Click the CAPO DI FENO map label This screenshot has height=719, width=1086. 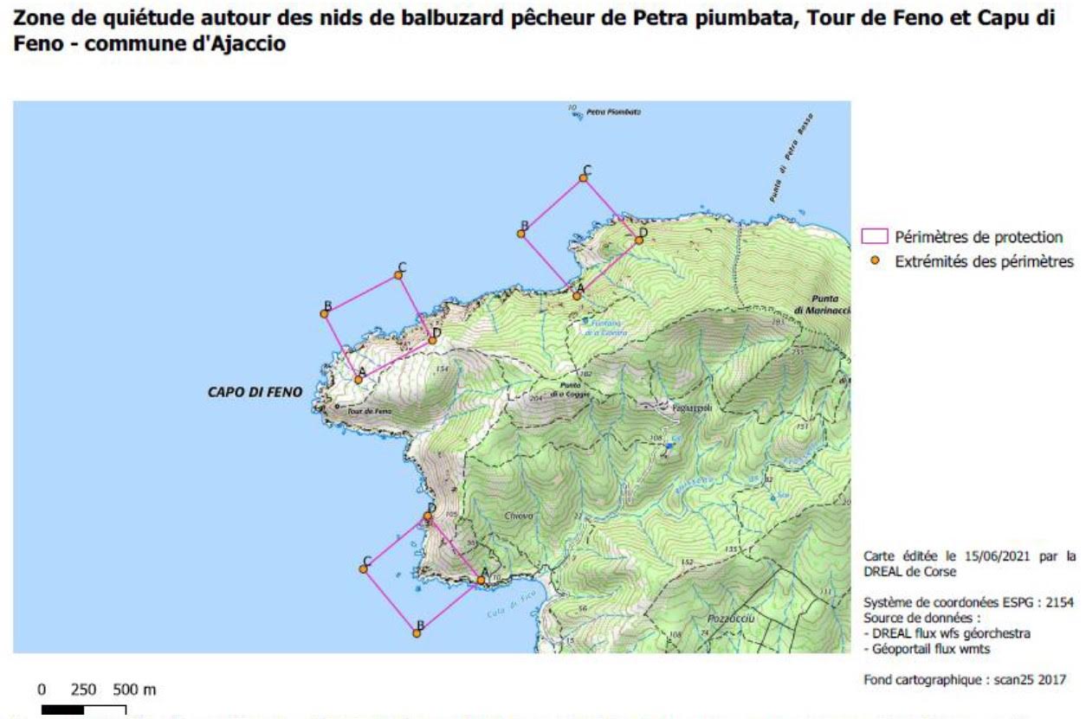(x=255, y=392)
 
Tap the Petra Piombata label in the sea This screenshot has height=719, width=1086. (x=613, y=112)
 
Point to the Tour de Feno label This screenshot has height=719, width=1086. (x=370, y=411)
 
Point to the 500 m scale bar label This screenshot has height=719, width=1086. (x=134, y=690)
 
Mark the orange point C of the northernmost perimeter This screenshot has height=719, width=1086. (x=584, y=178)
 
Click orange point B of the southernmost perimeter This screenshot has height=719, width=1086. (x=417, y=633)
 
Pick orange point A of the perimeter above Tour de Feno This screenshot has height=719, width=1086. (x=359, y=379)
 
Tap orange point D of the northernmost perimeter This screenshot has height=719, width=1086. (x=639, y=240)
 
